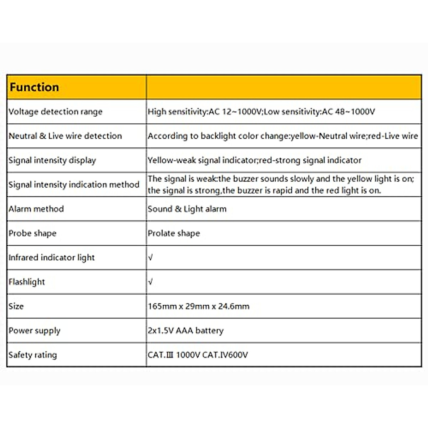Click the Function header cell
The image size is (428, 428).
pos(34,87)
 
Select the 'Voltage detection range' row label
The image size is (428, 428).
pos(55,112)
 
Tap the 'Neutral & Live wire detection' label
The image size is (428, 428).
pos(65,136)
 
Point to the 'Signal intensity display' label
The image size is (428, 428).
pos(52,160)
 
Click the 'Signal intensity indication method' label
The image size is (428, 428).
pos(74,184)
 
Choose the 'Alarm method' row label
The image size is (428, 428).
pos(36,209)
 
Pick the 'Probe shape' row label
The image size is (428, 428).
pos(32,233)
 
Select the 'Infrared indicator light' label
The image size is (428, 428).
pos(52,258)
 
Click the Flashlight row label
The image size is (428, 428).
pos(27,282)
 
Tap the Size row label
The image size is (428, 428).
pos(16,306)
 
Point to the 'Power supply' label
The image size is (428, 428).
pos(35,331)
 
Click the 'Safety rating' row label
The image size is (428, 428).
pos(33,355)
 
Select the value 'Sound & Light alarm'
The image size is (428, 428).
pos(187,209)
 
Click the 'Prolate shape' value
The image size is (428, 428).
pos(174,233)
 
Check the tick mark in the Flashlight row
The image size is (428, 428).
pos(151,282)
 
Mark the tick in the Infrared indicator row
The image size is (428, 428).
pos(151,258)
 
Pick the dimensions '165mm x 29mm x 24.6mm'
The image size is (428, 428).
pos(198,306)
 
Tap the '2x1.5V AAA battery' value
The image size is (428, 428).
pos(185,331)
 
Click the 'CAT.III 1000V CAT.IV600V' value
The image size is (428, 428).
pos(198,355)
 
